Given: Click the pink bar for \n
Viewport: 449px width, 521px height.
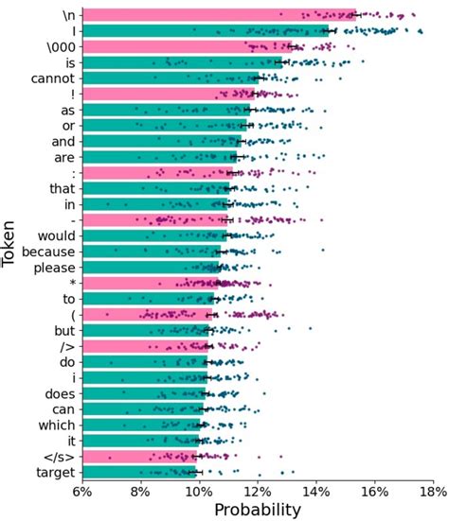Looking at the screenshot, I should [218, 14].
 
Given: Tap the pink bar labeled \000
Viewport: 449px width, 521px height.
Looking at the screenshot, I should [189, 46].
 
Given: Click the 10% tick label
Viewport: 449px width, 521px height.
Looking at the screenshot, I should [198, 494].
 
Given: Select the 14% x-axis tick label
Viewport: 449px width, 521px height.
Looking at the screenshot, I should [315, 494].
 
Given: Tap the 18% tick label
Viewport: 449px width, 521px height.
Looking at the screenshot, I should [431, 494].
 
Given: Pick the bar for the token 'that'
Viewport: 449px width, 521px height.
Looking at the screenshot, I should [156, 188].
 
